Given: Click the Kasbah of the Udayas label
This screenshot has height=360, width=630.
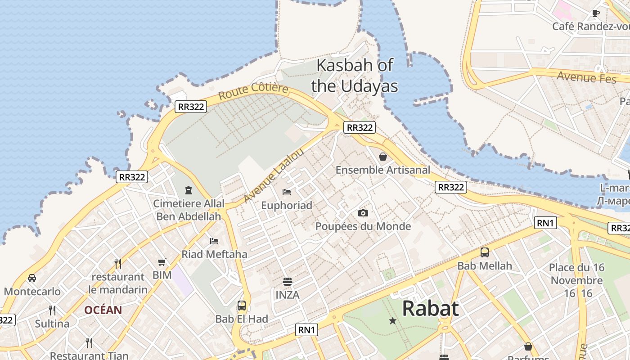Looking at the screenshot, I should (x=355, y=75).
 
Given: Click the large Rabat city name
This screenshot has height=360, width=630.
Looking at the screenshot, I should (x=430, y=308).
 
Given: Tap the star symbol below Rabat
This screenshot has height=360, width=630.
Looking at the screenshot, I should (x=393, y=321).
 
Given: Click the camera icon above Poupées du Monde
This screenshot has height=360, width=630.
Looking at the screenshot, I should (x=363, y=213).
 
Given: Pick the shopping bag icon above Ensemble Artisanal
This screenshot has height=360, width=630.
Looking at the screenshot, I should (x=383, y=157).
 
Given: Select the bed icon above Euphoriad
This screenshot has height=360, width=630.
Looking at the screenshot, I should (x=287, y=192).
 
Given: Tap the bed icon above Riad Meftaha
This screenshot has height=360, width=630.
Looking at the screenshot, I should (x=214, y=241).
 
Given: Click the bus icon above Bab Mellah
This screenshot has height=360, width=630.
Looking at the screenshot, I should (x=485, y=252).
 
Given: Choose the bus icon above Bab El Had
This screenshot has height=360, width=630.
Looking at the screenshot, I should (x=242, y=306).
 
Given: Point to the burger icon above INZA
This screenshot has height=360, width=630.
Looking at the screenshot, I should (x=288, y=282).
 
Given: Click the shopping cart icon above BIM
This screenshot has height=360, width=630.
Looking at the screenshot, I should (x=162, y=262).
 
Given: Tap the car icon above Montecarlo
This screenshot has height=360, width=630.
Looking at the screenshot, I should (x=32, y=278).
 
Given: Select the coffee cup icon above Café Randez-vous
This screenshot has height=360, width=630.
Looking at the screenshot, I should (x=596, y=13).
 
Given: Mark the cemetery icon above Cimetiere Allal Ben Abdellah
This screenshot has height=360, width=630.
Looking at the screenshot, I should (x=189, y=190).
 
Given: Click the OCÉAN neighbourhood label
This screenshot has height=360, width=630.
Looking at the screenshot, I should (x=103, y=310).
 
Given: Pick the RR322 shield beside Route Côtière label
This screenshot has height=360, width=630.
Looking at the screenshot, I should (x=191, y=107).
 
